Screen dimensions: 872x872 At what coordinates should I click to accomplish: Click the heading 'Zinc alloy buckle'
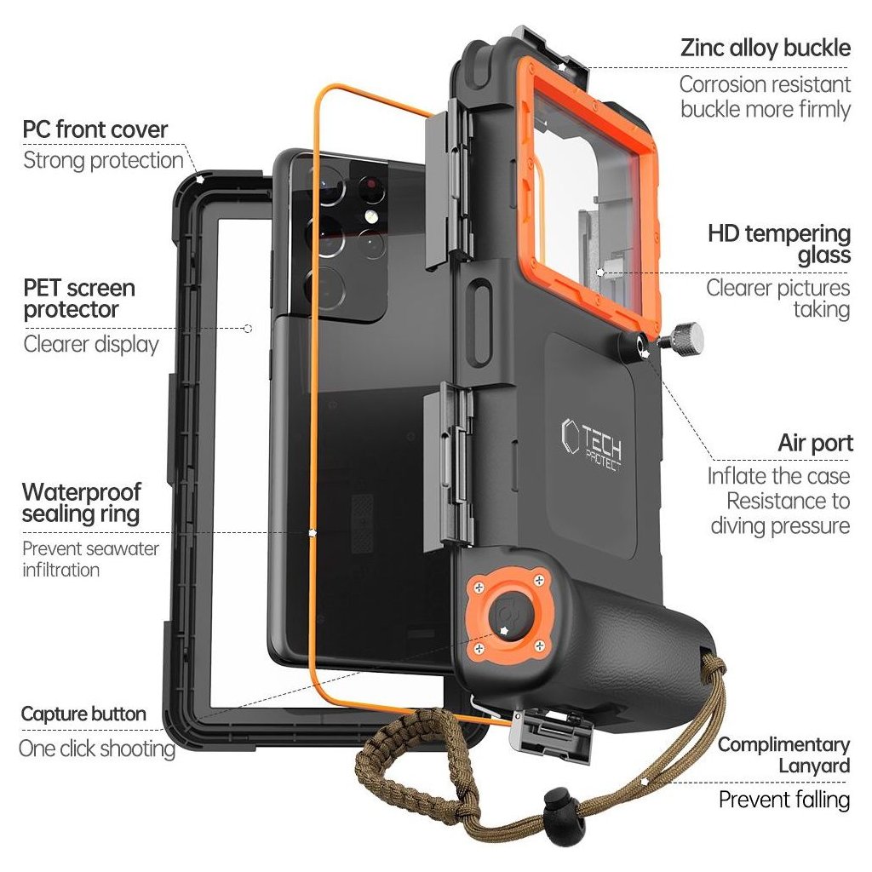[x=765, y=48]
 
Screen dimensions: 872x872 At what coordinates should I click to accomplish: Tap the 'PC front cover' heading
[x=95, y=130]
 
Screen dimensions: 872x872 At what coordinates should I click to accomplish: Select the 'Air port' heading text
[x=814, y=444]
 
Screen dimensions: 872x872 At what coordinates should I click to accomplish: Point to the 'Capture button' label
[x=83, y=714]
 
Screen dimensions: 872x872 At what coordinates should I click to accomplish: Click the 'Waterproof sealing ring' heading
[x=81, y=502]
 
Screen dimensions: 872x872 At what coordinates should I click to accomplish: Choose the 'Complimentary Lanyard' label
[x=783, y=754]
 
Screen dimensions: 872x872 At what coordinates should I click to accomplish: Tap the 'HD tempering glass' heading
[x=778, y=244]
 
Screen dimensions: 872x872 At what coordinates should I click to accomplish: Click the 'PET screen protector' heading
[x=79, y=298]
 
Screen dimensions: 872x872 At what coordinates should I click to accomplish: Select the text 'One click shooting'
[x=97, y=749]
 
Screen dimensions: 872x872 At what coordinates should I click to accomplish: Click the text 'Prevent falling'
[x=783, y=800]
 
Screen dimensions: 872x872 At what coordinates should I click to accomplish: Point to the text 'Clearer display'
[x=91, y=345]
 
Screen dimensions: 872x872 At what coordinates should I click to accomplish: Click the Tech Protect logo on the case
[x=593, y=439]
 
